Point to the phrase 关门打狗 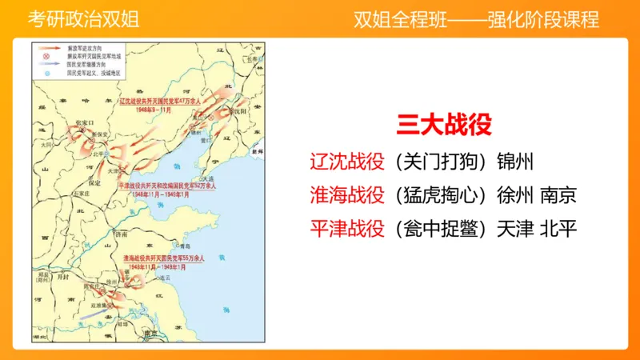tap(440, 159)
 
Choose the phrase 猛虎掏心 tap(440, 194)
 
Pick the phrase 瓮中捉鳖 tap(440, 230)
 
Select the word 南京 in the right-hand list tap(558, 194)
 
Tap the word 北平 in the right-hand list tap(558, 230)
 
